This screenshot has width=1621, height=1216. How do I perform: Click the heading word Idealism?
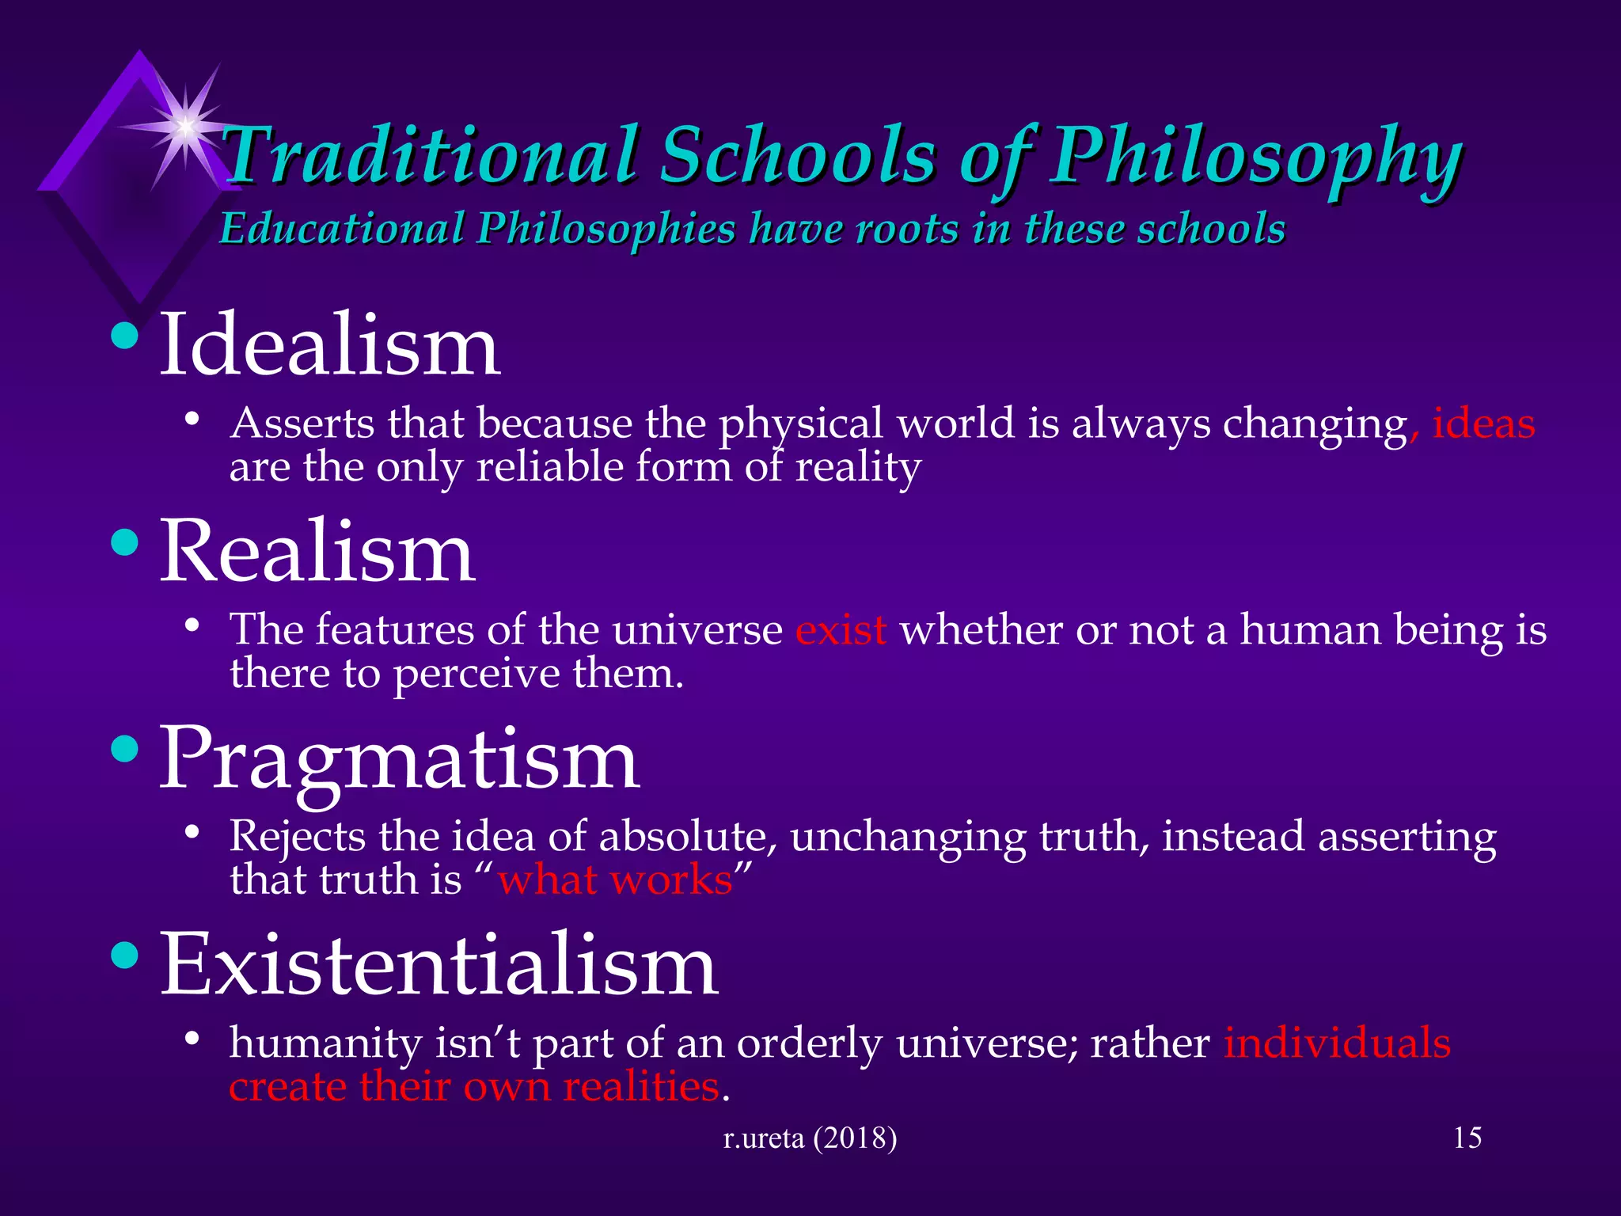coord(329,347)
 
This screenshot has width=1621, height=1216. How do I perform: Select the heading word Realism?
coord(317,552)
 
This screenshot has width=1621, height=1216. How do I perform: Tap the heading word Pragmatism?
coord(400,760)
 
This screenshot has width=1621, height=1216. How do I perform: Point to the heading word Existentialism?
coord(439,966)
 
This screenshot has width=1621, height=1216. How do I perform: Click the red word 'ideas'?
coord(1483,424)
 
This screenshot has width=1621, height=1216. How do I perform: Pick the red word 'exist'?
coord(841,631)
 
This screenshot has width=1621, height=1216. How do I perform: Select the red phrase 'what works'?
coord(615,880)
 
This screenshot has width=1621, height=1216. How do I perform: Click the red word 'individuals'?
coord(1337,1043)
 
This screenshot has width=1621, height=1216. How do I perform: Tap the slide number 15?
coord(1467,1138)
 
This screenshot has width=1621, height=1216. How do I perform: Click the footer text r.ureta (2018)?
coord(810,1138)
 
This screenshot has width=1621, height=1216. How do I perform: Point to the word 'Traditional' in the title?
coord(431,154)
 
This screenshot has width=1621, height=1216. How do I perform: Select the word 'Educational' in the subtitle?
coord(342,229)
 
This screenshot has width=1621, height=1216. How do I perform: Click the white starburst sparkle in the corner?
coord(184,126)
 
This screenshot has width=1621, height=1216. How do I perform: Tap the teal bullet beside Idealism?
coord(124,336)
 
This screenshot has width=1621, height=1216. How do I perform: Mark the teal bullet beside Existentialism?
coord(124,956)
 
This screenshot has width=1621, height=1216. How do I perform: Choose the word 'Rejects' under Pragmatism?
coord(296,838)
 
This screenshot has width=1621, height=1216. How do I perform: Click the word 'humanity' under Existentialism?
coord(325,1044)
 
